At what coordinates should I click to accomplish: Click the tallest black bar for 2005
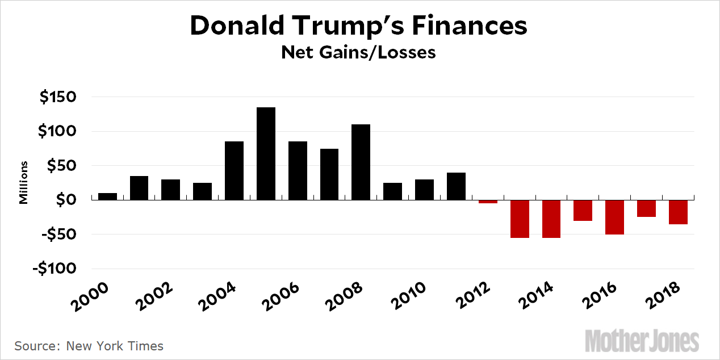click(266, 153)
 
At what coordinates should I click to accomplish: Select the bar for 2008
click(361, 162)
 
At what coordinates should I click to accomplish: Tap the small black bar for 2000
click(107, 196)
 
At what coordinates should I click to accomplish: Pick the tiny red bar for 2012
click(487, 202)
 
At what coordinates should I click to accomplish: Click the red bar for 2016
click(614, 217)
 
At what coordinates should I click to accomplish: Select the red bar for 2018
click(678, 212)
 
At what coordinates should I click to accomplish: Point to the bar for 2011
click(456, 186)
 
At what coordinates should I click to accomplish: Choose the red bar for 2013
click(519, 219)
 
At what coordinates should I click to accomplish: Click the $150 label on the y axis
click(57, 97)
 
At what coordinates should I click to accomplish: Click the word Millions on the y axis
click(24, 182)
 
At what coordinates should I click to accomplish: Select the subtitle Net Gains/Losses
click(359, 53)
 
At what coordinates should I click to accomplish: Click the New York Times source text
click(115, 346)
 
